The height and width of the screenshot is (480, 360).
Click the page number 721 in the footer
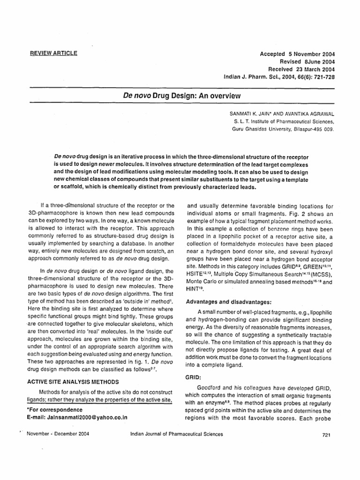[327, 435]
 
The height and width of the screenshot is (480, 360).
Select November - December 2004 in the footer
[59, 434]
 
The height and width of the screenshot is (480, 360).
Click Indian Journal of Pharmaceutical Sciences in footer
[176, 434]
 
